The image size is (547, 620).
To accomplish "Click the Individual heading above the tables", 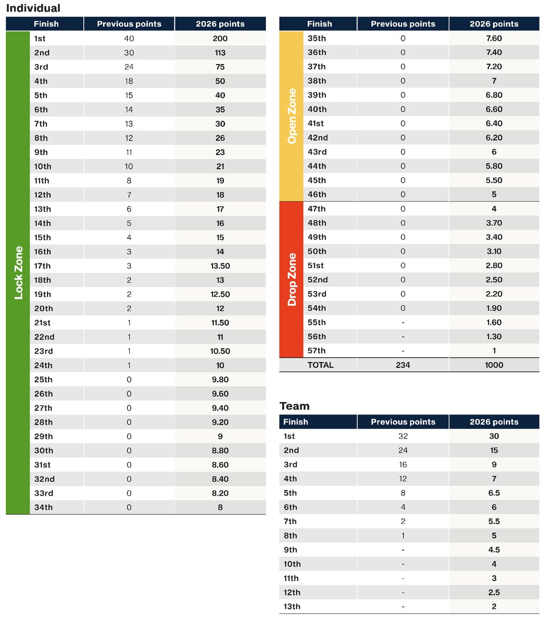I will (x=33, y=8).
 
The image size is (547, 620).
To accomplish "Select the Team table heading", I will (x=294, y=406).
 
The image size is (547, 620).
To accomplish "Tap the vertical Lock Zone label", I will (x=19, y=272).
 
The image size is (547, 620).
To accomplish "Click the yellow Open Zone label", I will (x=292, y=116).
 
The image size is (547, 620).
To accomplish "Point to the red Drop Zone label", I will (x=292, y=279).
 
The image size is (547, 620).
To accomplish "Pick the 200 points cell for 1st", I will (x=220, y=38).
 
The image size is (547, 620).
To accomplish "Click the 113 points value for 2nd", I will (x=220, y=53).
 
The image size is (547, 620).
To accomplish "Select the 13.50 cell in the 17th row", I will (x=220, y=266).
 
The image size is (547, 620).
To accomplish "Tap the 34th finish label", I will (x=43, y=507).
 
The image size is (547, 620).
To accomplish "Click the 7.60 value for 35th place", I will (x=494, y=38).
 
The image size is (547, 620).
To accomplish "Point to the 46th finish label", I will (x=317, y=194).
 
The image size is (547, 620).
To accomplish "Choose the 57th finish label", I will (x=317, y=351).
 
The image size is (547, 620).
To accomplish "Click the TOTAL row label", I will (x=320, y=365).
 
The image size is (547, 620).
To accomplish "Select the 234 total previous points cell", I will (x=403, y=365).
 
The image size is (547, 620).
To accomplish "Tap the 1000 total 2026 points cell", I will (x=494, y=365).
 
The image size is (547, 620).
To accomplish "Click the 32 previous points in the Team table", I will (x=403, y=436).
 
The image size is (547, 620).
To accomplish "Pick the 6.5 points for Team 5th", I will (x=494, y=493).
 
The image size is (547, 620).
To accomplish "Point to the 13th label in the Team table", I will (x=292, y=607).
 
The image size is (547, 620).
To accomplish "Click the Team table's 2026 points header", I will (x=494, y=422).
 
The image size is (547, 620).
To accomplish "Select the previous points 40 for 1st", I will (x=129, y=38).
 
